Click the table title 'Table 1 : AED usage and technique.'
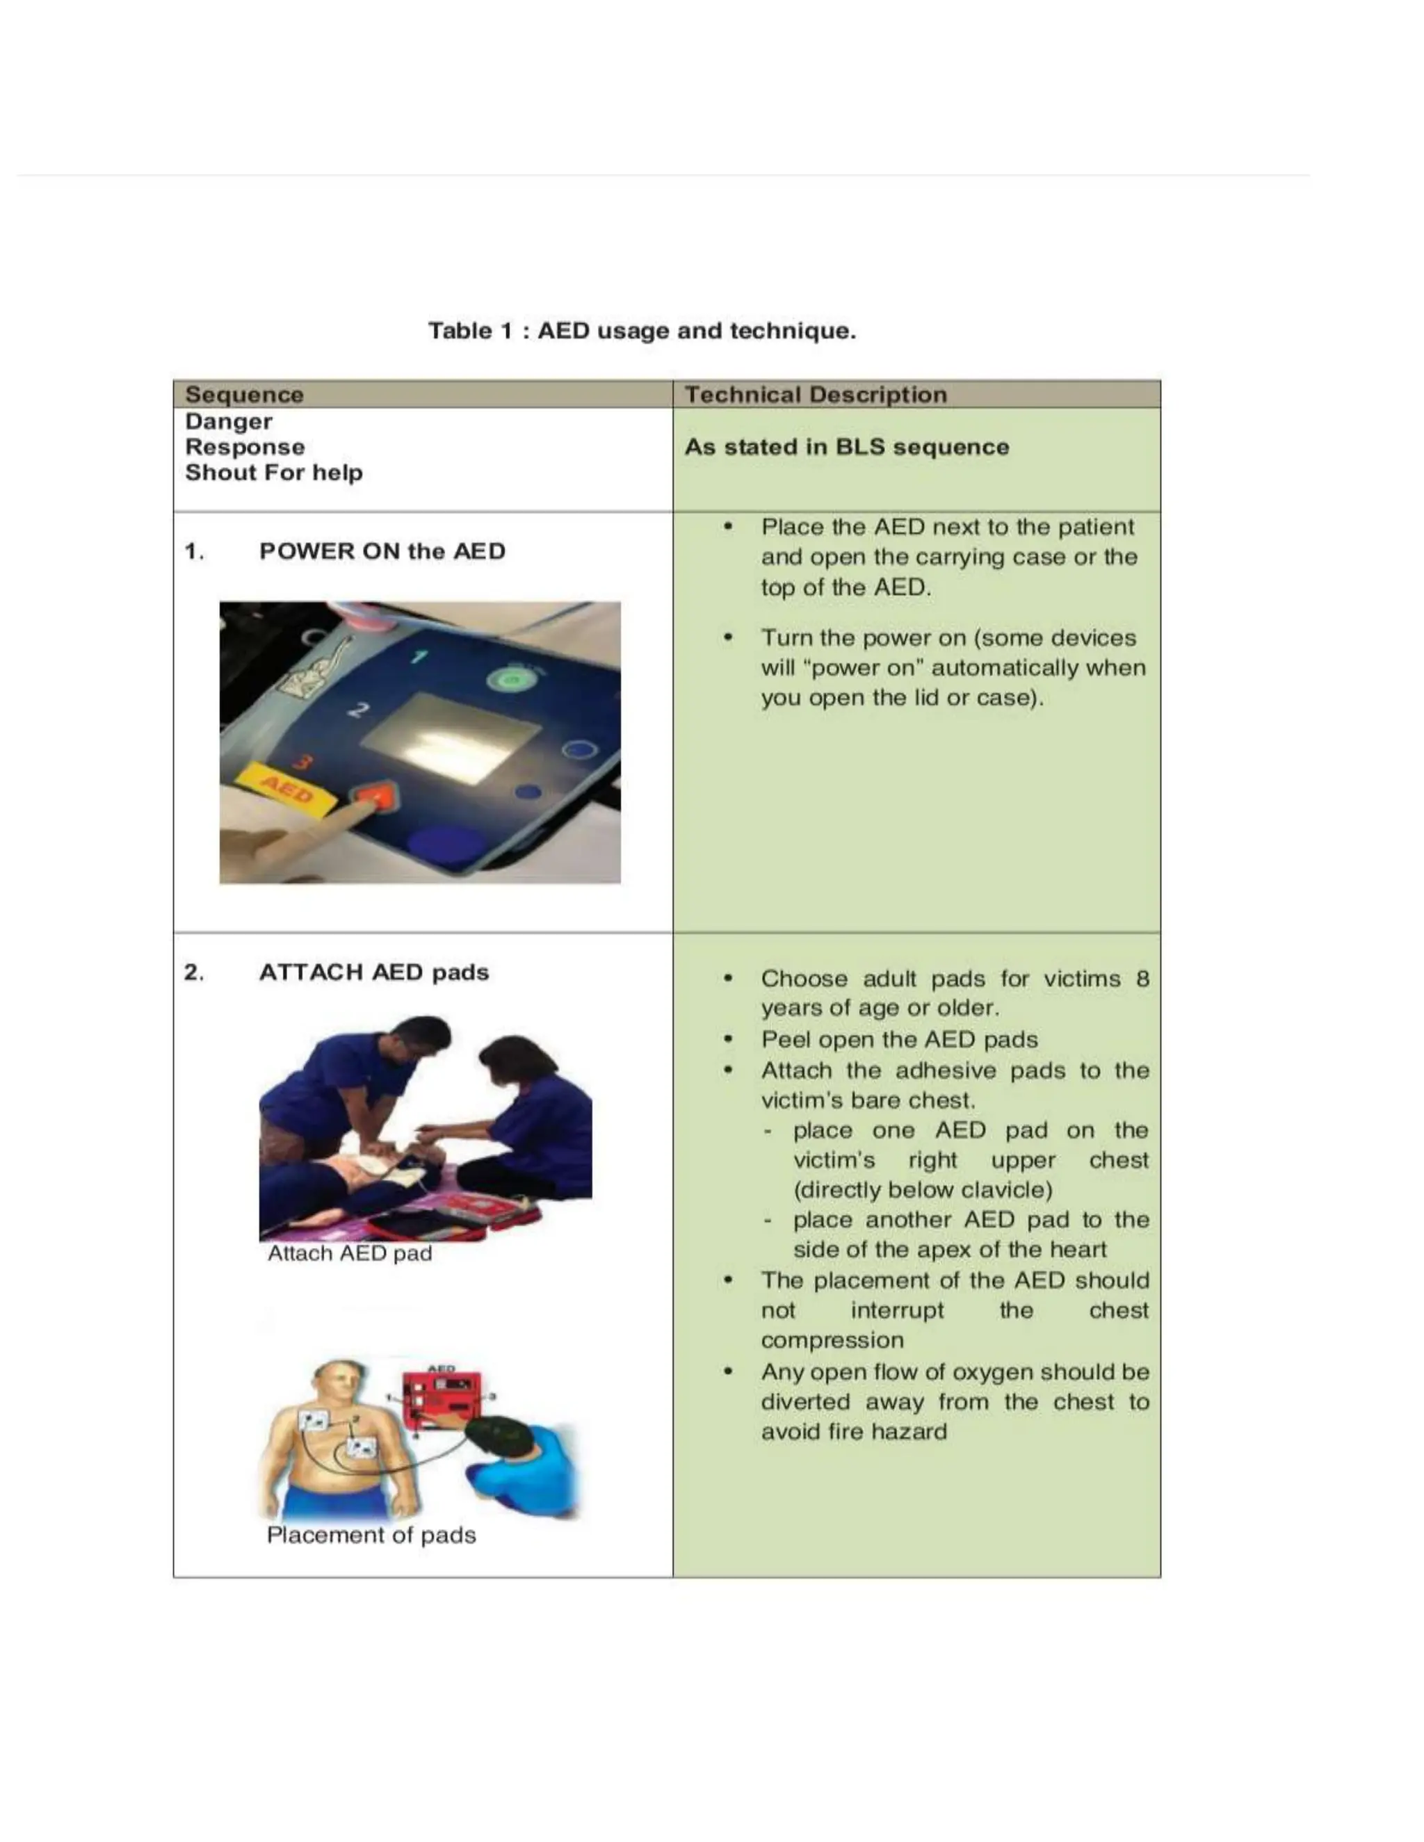coord(641,331)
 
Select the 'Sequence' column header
coord(244,395)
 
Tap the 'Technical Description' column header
coord(815,395)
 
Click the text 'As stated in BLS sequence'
coord(846,447)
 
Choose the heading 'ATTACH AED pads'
coord(373,972)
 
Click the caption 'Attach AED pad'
coord(349,1253)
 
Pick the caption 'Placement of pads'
coord(371,1535)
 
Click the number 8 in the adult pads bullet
coord(1142,979)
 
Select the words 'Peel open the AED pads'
coord(898,1040)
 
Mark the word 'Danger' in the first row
coord(228,422)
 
